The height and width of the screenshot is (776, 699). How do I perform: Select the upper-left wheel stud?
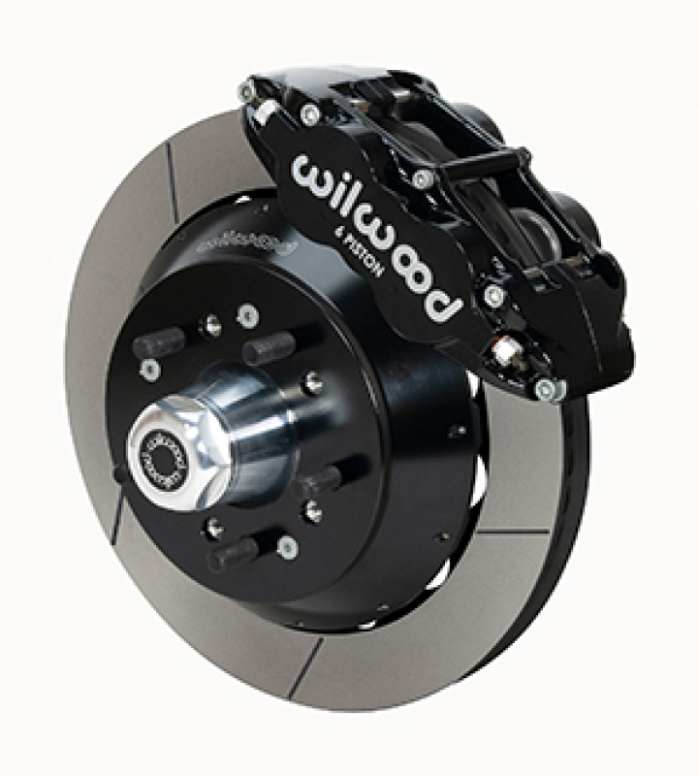[159, 341]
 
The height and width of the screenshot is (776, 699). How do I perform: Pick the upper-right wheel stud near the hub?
[267, 346]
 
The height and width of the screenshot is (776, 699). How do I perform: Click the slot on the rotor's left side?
[115, 524]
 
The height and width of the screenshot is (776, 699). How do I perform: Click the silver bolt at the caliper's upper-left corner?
[248, 92]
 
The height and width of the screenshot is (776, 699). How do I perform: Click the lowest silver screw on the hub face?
[288, 548]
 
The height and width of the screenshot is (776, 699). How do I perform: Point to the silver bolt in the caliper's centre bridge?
[423, 179]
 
